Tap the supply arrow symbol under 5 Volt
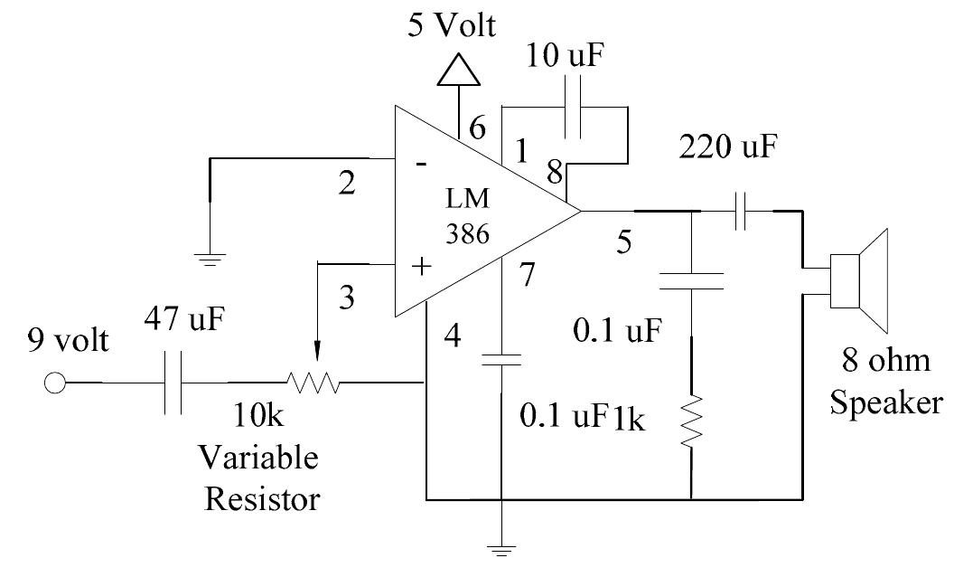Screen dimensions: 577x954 (458, 70)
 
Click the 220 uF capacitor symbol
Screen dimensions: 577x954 (740, 211)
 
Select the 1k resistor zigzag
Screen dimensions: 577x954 (691, 421)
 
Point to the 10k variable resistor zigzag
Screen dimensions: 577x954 (313, 383)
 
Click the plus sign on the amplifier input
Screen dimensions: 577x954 (420, 267)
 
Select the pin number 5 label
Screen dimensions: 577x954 (622, 241)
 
